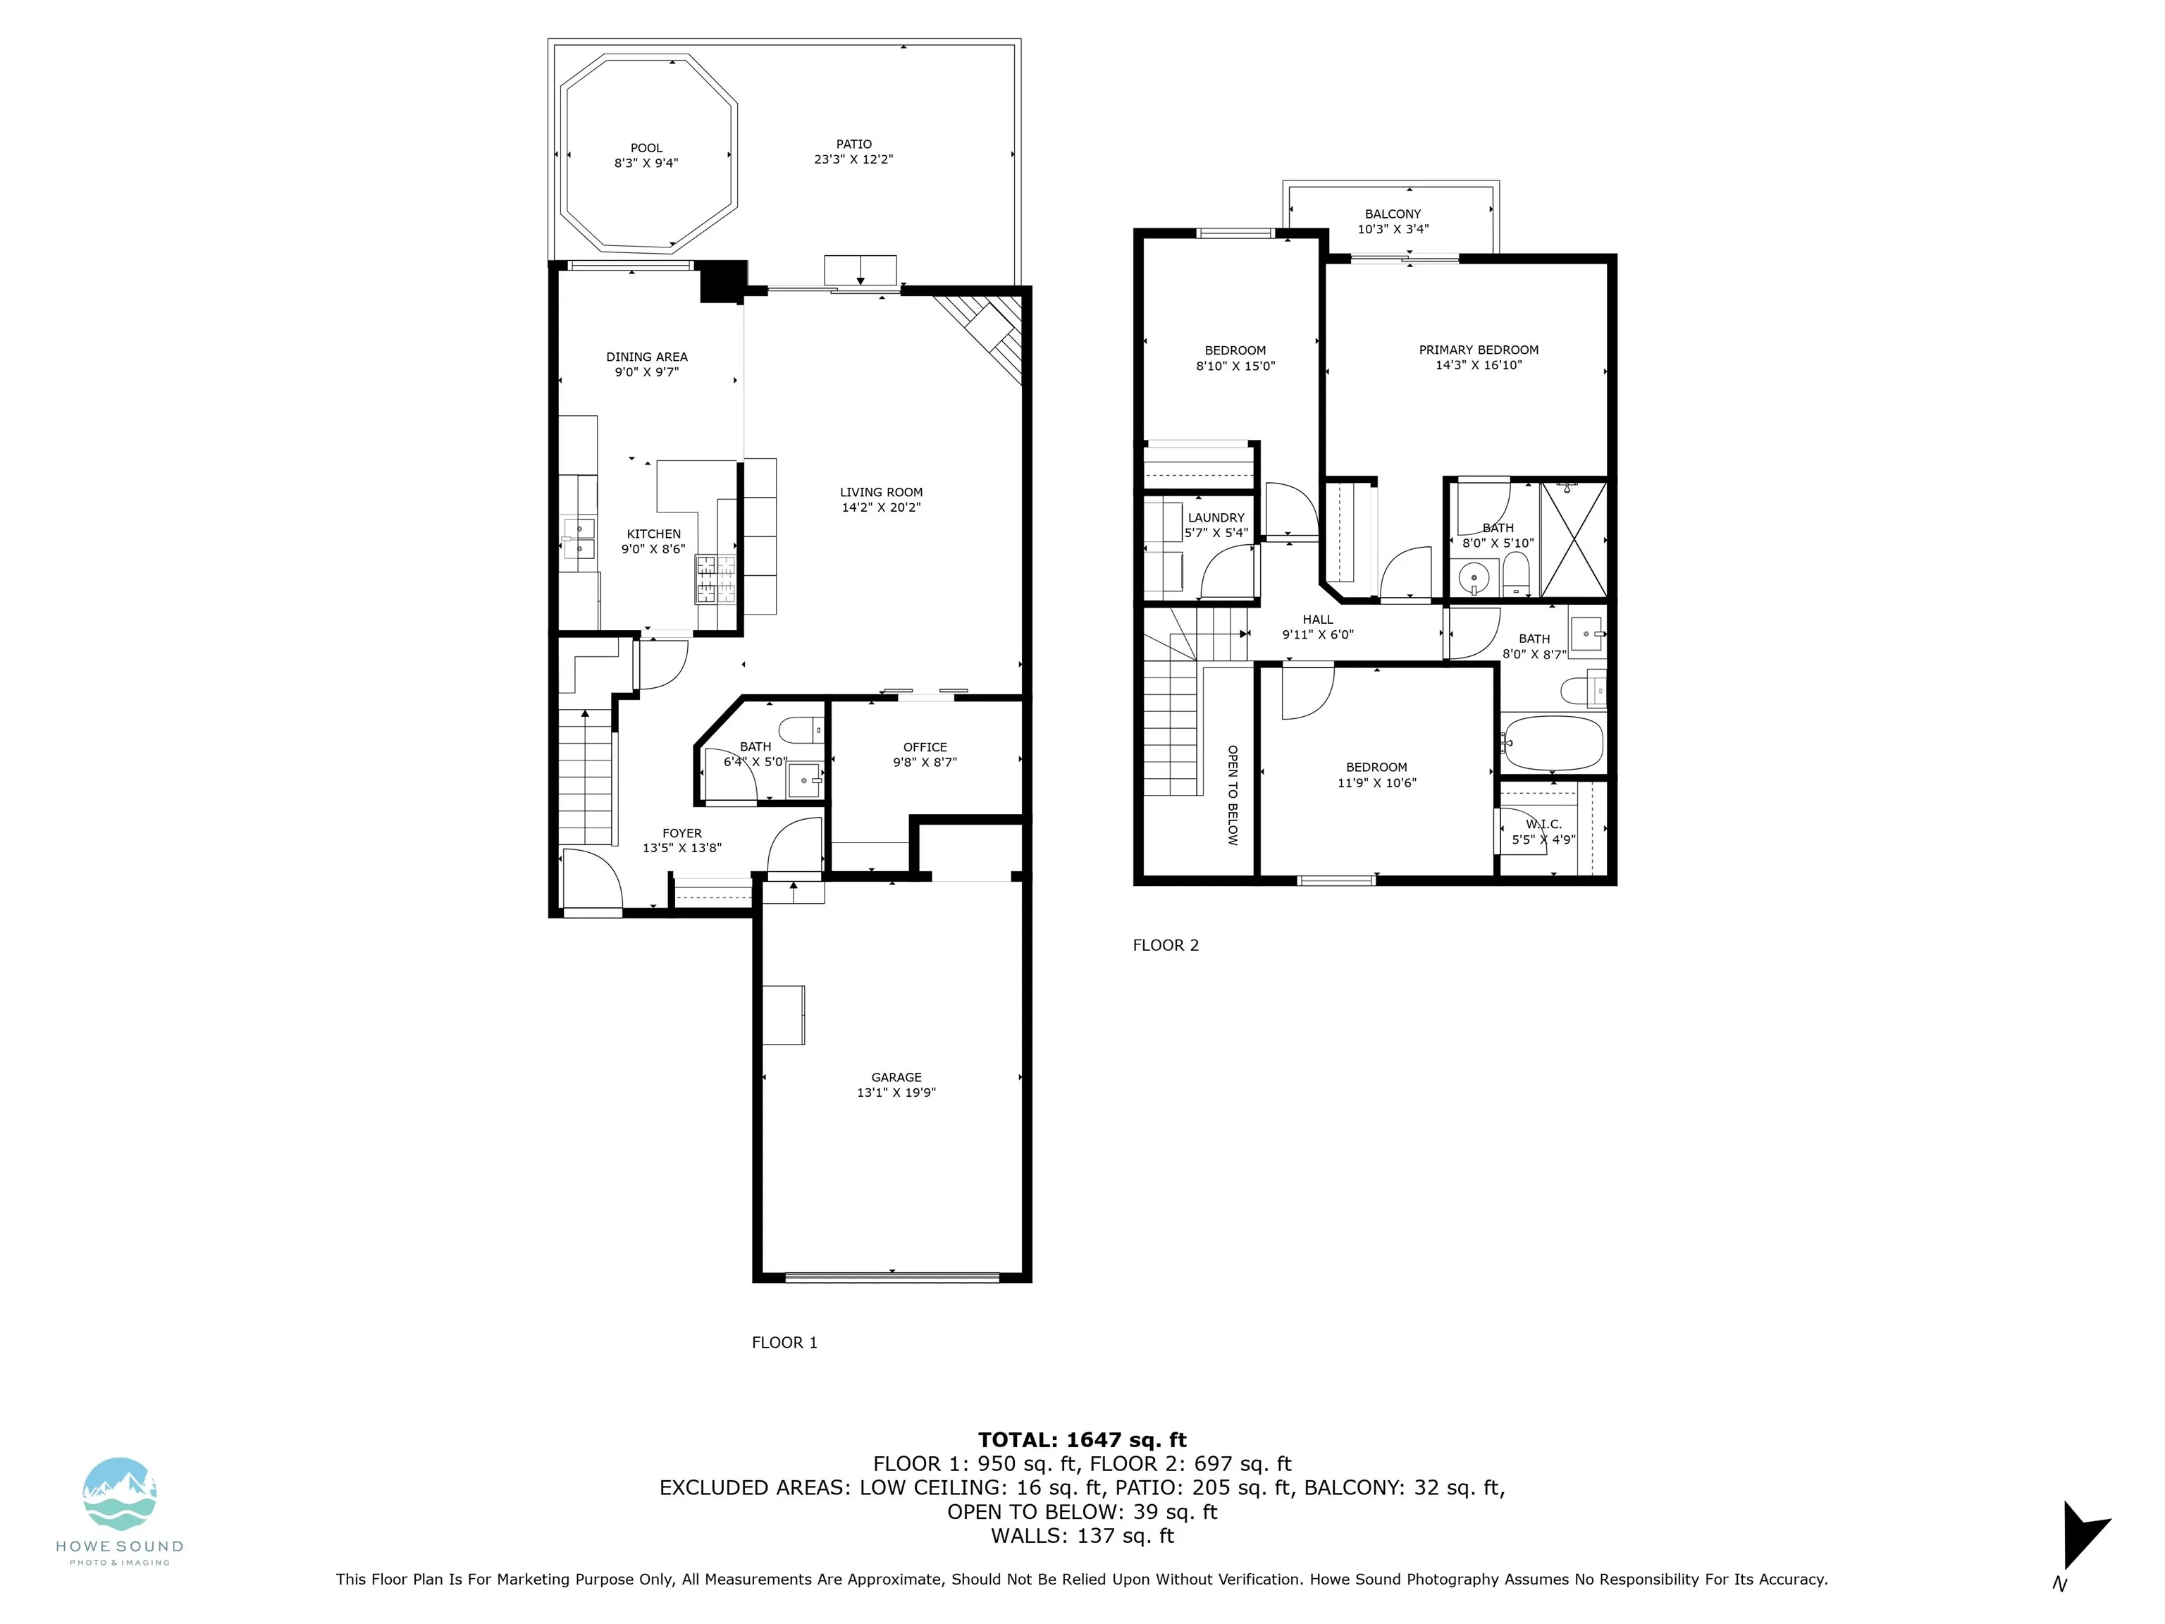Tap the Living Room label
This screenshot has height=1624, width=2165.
tap(881, 493)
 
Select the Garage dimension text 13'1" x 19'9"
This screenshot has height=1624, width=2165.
tap(896, 1093)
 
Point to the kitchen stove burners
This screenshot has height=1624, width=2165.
tap(715, 579)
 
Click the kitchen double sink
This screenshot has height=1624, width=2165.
tap(579, 539)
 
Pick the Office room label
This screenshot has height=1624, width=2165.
tap(925, 747)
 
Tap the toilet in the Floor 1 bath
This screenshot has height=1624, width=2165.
tap(801, 730)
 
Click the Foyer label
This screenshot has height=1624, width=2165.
tap(682, 833)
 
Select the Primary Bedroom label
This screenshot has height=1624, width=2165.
tap(1479, 350)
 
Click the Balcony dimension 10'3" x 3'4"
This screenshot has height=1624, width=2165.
tap(1393, 229)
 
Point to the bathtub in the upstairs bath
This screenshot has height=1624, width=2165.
tap(1553, 743)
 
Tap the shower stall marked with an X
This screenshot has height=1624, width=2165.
tap(1574, 539)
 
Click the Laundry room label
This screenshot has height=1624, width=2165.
tap(1216, 518)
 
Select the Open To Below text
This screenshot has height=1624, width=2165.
tap(1232, 795)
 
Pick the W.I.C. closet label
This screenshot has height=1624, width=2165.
tap(1543, 824)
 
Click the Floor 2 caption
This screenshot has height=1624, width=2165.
tap(1166, 945)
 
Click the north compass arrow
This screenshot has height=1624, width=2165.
tap(2083, 1534)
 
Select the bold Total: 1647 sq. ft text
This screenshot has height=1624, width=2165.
tap(1082, 1440)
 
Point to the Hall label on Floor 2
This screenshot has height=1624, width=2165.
tap(1317, 620)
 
